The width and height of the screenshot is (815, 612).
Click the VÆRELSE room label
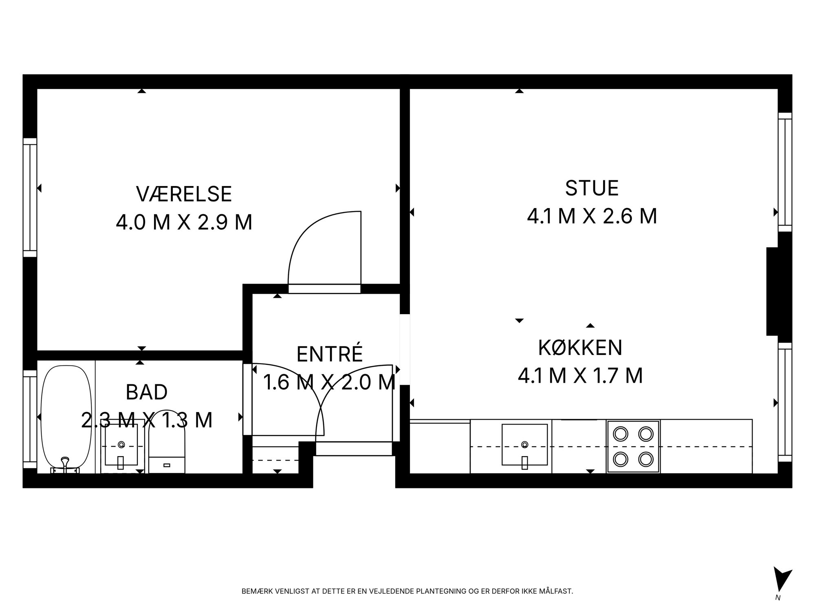pos(184,194)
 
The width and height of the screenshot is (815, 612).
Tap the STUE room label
pos(592,188)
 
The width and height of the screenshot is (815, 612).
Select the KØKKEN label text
pos(580,348)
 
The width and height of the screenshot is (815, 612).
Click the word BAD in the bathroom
pos(147,392)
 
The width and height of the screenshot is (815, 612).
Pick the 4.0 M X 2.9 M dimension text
pos(184,223)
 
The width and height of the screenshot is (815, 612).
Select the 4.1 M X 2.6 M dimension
pos(592,216)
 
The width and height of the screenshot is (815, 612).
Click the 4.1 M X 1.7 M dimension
pos(580,376)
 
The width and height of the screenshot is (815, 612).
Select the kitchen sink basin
pos(524,444)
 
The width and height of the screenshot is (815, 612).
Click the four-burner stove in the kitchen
pos(633,446)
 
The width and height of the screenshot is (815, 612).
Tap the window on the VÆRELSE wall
pos(30,197)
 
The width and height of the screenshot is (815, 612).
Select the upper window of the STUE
pos(785,172)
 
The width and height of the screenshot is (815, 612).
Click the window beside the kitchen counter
pos(785,402)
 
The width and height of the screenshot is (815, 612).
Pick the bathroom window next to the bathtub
pos(30,419)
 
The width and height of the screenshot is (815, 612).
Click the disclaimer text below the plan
pos(407,591)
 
